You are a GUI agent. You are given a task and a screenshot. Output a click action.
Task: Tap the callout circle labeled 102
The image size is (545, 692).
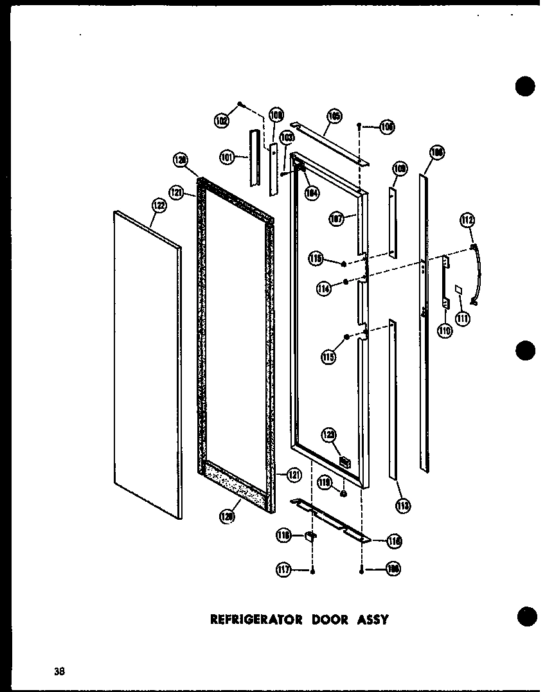click(x=222, y=120)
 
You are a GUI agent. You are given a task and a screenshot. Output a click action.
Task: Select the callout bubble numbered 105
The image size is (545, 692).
click(x=334, y=116)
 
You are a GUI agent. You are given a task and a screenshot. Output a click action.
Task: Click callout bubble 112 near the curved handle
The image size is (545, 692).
click(x=467, y=222)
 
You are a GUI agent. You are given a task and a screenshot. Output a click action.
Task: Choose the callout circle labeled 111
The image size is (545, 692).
click(x=462, y=317)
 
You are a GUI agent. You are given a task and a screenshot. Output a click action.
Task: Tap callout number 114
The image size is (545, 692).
click(x=325, y=288)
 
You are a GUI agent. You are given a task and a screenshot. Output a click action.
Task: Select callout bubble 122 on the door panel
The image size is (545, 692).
click(x=159, y=206)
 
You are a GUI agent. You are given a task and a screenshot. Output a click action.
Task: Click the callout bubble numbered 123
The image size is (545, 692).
click(x=330, y=436)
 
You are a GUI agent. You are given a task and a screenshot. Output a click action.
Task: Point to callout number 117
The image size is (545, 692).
click(x=285, y=569)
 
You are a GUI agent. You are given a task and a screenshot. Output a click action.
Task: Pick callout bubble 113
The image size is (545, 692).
click(x=403, y=506)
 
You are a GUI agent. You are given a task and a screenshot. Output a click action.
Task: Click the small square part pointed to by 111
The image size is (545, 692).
click(x=458, y=290)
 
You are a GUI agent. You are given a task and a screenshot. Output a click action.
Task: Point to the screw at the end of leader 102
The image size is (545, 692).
click(x=240, y=103)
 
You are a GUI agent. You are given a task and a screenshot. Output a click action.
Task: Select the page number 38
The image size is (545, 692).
click(x=59, y=672)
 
